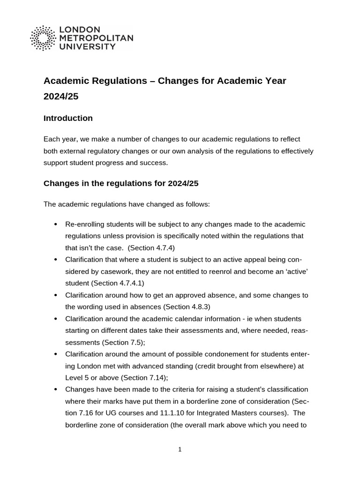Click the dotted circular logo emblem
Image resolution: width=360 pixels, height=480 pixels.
(x=44, y=38)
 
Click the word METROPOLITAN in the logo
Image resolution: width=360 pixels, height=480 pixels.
(x=96, y=38)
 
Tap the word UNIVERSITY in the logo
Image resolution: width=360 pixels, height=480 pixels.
(x=87, y=46)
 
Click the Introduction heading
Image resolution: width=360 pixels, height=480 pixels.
(x=68, y=118)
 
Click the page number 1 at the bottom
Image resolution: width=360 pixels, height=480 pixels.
(x=180, y=450)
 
